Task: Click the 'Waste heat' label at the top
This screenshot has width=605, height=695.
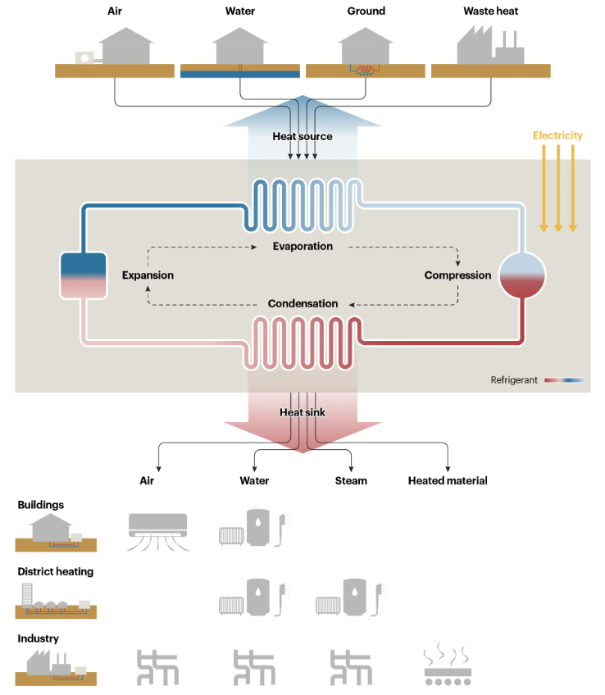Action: click(490, 11)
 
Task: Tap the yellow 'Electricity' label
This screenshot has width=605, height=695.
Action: click(557, 135)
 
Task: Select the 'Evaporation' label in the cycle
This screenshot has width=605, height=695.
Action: click(302, 246)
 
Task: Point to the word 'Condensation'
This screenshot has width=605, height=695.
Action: click(302, 303)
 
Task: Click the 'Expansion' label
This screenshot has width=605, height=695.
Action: click(148, 275)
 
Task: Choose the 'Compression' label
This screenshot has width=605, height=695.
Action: click(457, 275)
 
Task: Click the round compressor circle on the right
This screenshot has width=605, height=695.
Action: click(522, 275)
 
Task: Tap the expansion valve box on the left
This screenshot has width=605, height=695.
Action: click(83, 275)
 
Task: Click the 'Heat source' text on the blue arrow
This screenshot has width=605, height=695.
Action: click(302, 136)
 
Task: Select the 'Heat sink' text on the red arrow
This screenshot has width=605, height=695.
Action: click(302, 412)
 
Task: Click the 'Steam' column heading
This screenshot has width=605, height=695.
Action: click(351, 481)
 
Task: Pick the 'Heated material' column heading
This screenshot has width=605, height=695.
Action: click(448, 481)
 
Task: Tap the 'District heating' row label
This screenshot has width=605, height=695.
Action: click(56, 571)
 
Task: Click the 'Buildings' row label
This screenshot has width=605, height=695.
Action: click(41, 505)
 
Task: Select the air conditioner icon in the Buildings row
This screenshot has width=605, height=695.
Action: click(158, 531)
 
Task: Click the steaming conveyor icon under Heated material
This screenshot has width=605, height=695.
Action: click(447, 666)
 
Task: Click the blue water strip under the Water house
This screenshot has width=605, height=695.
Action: click(239, 73)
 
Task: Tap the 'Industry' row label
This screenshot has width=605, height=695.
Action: click(39, 638)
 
